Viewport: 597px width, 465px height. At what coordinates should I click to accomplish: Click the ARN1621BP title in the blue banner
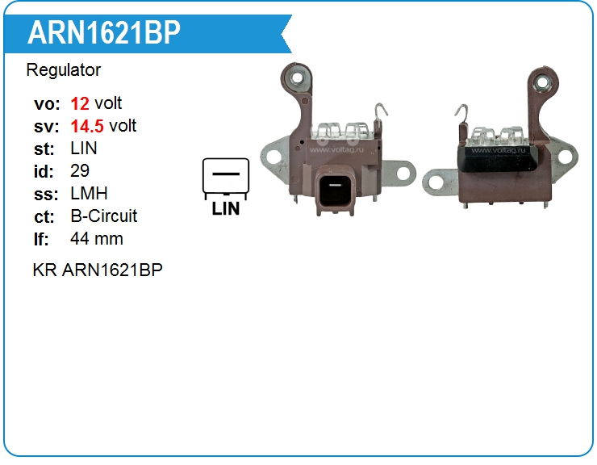point(104,33)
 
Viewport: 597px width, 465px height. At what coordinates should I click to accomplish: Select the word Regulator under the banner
point(64,70)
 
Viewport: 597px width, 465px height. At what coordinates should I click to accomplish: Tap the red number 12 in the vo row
point(80,103)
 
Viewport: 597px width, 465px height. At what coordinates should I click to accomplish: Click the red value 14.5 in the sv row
point(87,126)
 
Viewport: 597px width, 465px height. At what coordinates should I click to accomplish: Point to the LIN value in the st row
point(84,149)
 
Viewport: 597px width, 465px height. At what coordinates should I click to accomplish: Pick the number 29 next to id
point(80,171)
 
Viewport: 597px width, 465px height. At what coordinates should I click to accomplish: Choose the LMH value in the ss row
point(89,194)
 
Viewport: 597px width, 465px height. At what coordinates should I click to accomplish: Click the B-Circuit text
point(104,216)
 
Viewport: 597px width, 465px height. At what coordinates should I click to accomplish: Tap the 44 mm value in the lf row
point(97,239)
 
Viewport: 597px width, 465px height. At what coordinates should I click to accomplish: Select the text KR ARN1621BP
point(98,270)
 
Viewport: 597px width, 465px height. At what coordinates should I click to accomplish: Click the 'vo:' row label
point(46,103)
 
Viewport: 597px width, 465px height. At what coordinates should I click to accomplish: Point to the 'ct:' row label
point(44,216)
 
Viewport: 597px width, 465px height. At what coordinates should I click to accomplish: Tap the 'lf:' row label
point(42,239)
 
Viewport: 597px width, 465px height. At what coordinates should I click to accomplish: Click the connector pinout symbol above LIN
point(225,178)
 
